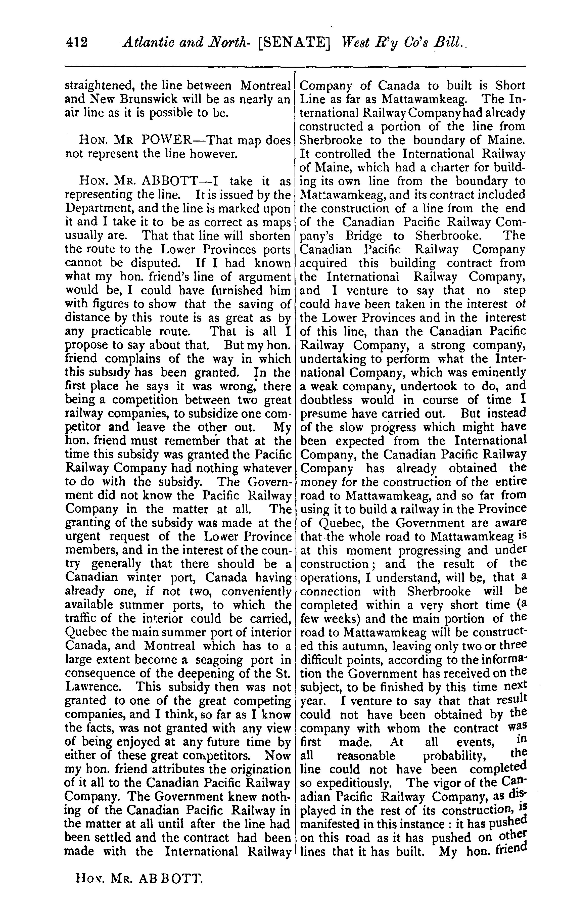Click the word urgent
click(x=82, y=536)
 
